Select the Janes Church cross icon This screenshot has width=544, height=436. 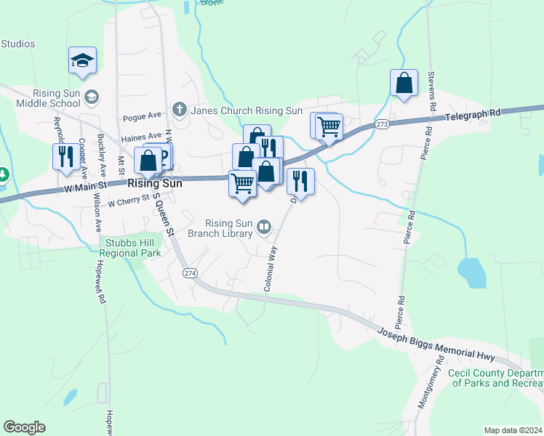[179, 110]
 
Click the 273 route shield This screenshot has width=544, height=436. [382, 125]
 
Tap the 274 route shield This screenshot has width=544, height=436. [190, 272]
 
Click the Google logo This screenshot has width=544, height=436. [24, 427]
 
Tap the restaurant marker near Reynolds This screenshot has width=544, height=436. [66, 156]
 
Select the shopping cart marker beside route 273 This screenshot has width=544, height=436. [328, 126]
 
